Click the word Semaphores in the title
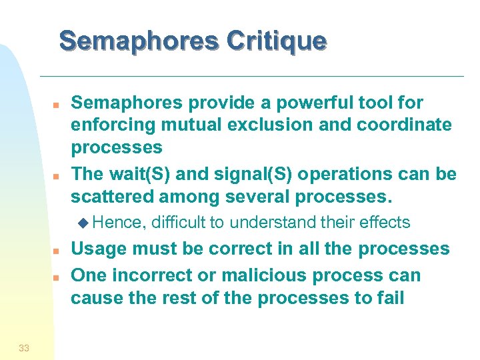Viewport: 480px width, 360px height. click(x=137, y=41)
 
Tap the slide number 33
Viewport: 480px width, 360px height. click(x=24, y=347)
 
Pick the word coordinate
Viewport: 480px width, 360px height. click(x=405, y=125)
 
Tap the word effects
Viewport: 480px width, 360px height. click(x=386, y=223)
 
